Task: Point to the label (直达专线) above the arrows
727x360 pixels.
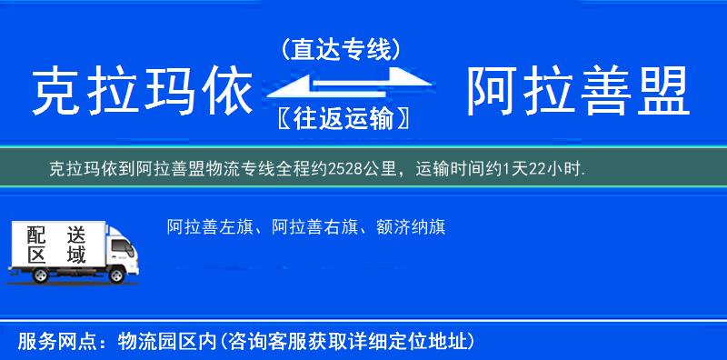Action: click(x=341, y=49)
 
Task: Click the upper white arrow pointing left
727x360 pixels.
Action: click(x=327, y=78)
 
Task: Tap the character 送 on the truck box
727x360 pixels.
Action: click(x=75, y=234)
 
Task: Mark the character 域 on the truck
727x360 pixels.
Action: click(x=75, y=255)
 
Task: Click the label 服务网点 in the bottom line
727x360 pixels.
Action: click(x=46, y=343)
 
